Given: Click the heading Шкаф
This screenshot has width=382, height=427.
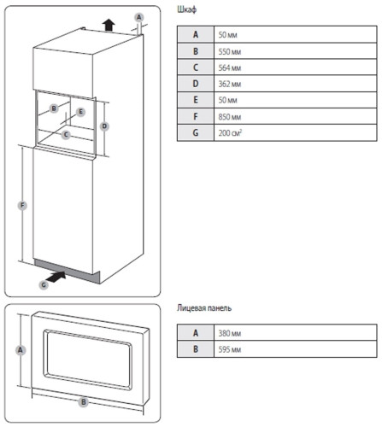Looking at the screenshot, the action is point(186,9).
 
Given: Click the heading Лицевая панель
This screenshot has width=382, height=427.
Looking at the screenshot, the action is point(204,308).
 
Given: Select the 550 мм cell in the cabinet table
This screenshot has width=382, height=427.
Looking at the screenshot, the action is point(296,51).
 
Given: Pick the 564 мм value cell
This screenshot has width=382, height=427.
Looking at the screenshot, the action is point(296,67).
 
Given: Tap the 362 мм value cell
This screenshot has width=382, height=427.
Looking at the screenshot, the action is point(296,84).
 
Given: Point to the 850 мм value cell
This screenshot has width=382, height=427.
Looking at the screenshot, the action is point(296,116).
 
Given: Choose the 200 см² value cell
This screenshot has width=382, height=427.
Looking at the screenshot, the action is point(296,132).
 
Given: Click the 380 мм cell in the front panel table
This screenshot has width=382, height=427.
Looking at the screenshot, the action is point(296,332).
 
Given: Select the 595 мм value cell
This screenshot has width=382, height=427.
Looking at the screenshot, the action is point(296,349).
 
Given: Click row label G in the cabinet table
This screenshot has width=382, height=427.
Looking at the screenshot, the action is point(196,132).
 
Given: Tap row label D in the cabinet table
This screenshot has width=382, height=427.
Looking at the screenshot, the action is point(196,84).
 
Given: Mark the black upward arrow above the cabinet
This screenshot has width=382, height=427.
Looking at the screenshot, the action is point(109,25).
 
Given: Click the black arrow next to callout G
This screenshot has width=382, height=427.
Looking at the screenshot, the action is point(56,277).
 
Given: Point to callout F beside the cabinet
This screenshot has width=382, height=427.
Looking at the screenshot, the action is point(22,206).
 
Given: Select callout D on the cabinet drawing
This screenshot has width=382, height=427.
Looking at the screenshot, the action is point(104,126).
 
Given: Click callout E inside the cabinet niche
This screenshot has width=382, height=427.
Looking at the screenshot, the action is point(80,112).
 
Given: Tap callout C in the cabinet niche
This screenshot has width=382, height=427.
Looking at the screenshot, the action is point(66,134).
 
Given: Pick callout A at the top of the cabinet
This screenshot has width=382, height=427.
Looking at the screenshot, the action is point(138,17).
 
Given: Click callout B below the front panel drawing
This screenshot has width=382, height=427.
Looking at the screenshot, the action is point(84,402).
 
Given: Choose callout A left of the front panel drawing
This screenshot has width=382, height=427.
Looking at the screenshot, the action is point(20,350).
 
